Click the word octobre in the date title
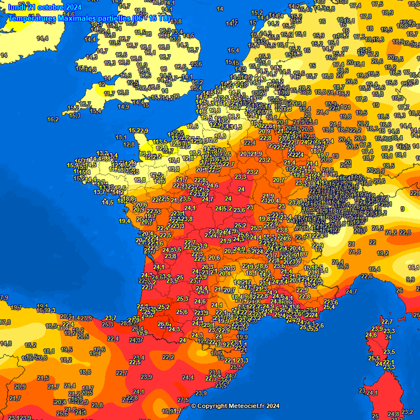(x=49, y=7)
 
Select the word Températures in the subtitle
(x=32, y=18)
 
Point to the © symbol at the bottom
(x=193, y=406)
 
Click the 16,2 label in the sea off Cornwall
(x=53, y=119)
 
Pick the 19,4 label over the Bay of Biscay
(x=124, y=221)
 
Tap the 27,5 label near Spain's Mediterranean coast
(x=183, y=400)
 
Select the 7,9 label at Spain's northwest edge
(x=3, y=297)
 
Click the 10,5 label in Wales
(x=114, y=43)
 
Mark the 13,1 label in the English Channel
(x=121, y=137)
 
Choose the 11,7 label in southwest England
(x=109, y=94)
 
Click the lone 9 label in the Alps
(x=402, y=209)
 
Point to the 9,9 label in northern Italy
(x=410, y=279)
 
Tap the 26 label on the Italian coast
(x=399, y=290)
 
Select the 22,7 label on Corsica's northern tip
(x=387, y=322)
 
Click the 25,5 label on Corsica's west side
(x=374, y=358)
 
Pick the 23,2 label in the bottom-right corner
(x=407, y=412)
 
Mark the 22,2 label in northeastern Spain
(x=168, y=357)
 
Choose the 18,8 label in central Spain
(x=85, y=372)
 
